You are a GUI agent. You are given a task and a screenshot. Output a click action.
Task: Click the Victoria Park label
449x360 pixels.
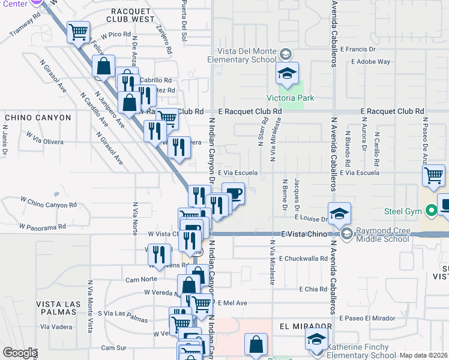click(291, 98)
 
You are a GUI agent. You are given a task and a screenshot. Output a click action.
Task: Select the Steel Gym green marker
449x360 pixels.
click(430, 211)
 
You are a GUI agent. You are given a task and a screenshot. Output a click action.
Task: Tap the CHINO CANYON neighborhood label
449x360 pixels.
click(38, 118)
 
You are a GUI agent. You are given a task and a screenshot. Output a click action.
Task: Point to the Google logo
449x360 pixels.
click(20, 353)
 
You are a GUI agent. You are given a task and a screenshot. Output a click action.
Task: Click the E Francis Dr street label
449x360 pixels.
click(358, 49)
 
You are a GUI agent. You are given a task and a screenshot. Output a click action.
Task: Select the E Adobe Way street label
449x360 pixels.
click(371, 61)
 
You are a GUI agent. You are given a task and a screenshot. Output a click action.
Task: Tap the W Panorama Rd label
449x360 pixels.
click(42, 227)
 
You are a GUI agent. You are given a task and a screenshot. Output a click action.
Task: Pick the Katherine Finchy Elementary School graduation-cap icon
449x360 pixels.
click(316, 340)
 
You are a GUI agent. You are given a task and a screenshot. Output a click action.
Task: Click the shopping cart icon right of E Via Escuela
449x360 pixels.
click(433, 177)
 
